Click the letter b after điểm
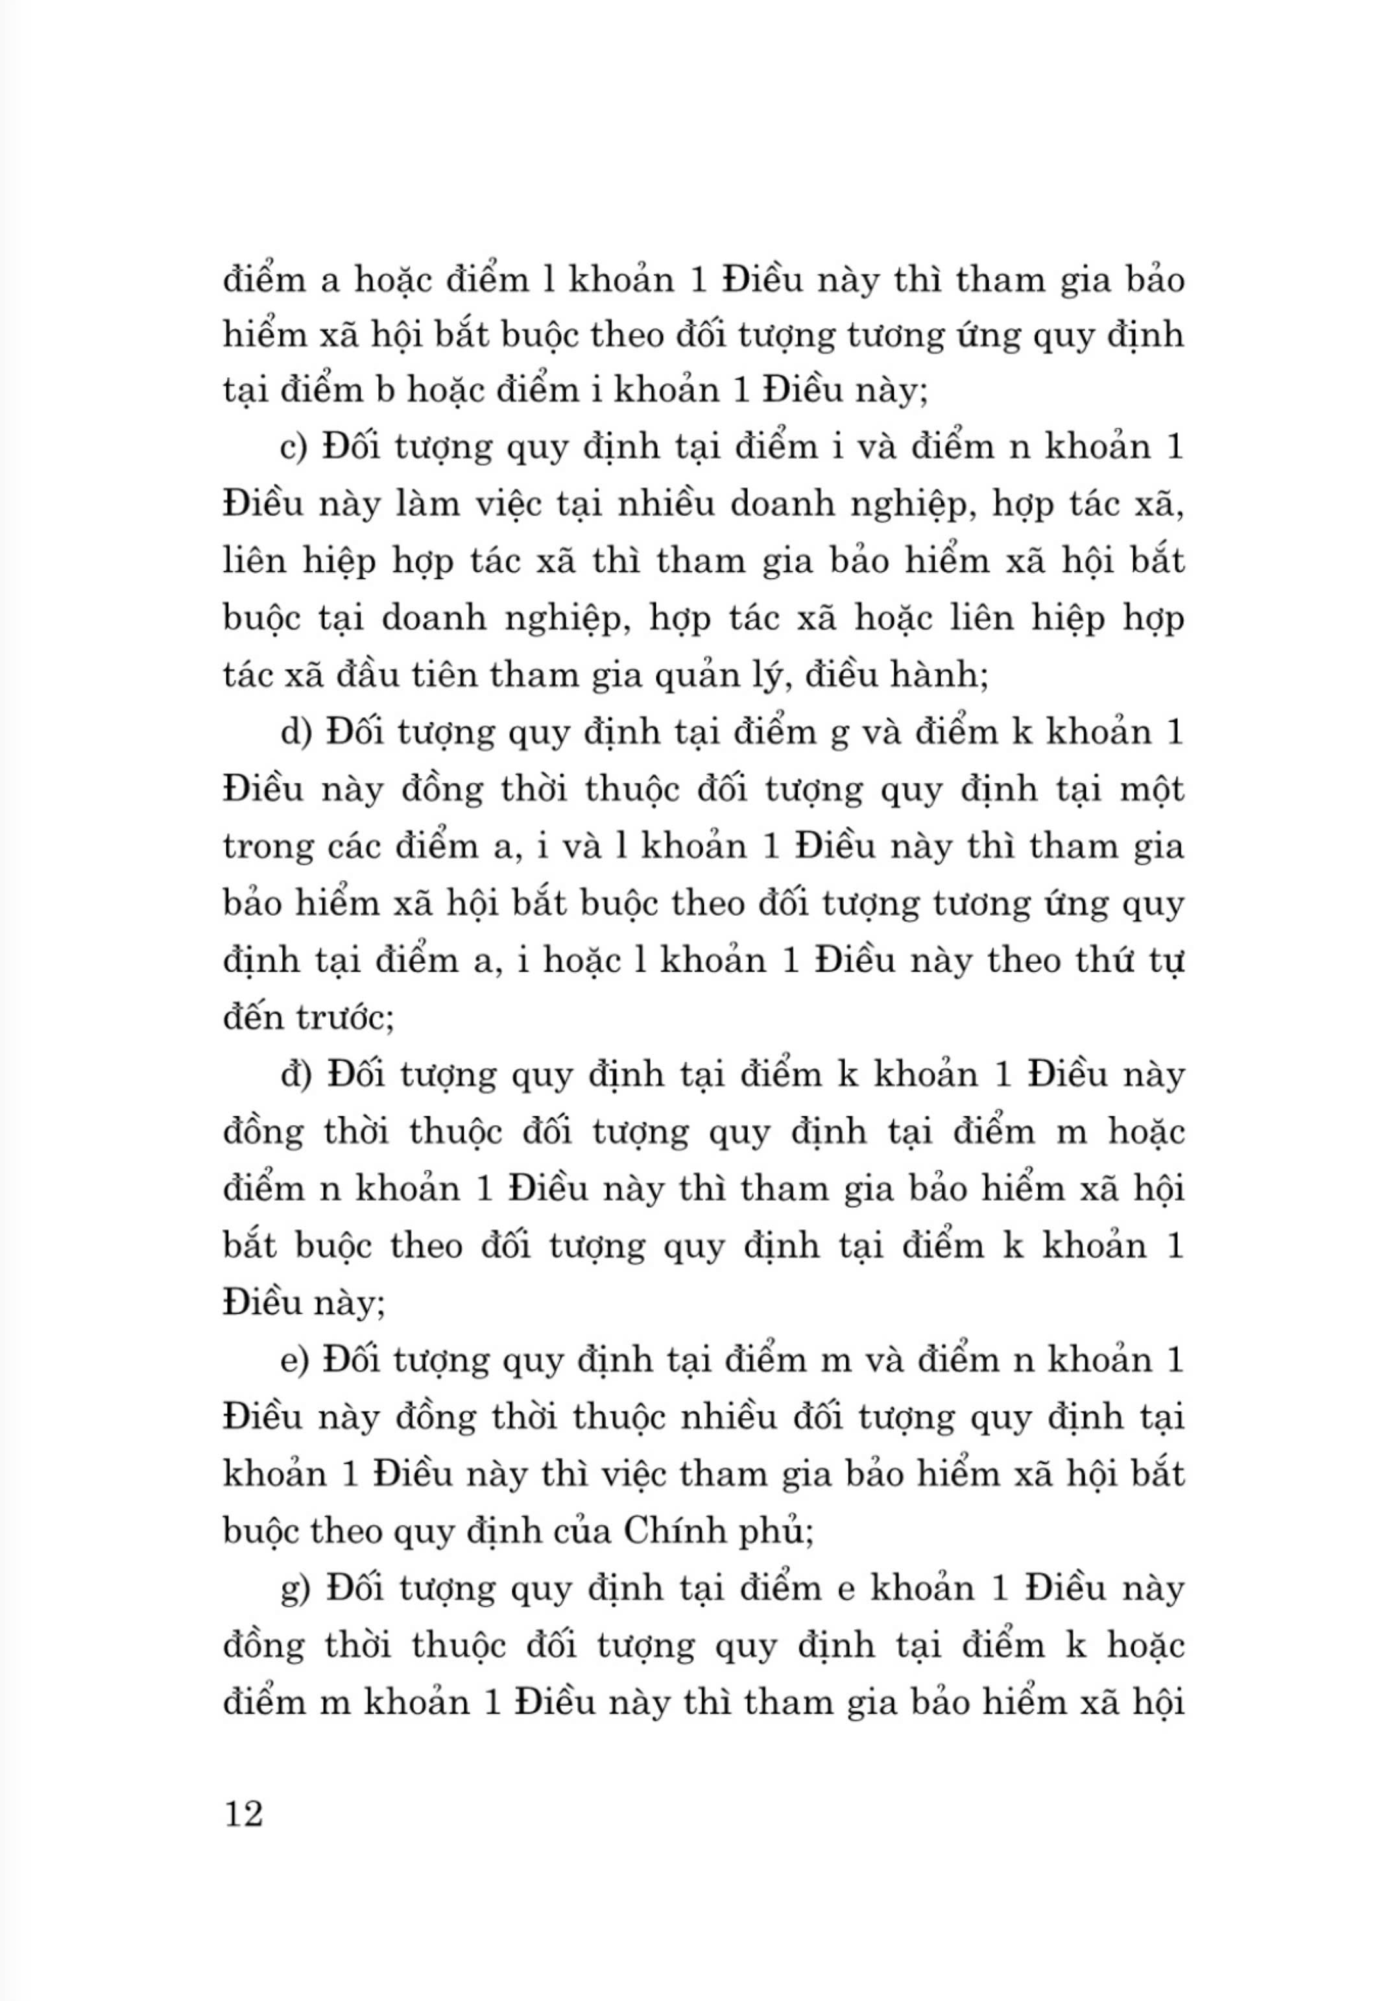click(x=383, y=391)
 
